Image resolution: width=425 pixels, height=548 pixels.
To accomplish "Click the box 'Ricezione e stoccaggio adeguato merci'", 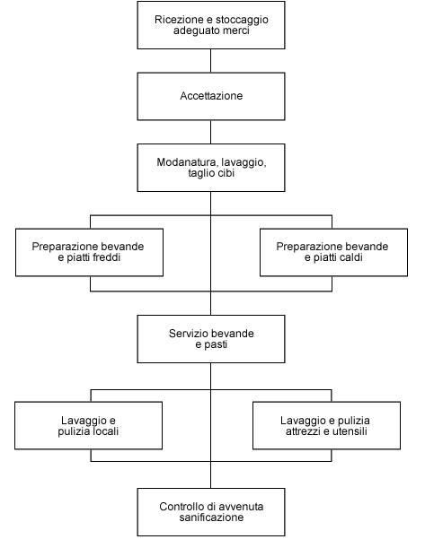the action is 211,25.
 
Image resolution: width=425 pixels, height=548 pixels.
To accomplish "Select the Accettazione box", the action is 211,97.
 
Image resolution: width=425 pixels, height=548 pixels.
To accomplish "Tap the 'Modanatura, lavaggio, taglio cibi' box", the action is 211,168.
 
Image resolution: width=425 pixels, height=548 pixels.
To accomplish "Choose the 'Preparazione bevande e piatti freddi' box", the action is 89,252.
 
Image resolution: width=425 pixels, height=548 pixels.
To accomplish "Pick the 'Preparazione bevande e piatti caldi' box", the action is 333,252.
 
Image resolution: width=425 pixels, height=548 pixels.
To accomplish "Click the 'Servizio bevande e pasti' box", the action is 211,339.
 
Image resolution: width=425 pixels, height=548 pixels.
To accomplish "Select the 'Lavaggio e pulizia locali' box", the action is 89,425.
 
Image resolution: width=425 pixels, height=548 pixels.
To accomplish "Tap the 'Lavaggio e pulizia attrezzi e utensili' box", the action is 327,425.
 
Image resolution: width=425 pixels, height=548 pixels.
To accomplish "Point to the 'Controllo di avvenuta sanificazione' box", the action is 211,512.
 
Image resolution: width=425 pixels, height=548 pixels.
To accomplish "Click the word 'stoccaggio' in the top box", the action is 243,20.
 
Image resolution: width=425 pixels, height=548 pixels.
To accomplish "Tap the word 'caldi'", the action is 348,257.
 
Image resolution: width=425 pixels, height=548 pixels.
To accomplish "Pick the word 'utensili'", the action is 350,431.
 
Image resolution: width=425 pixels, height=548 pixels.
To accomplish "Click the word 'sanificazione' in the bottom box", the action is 211,518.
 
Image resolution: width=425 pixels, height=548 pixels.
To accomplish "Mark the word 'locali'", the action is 105,431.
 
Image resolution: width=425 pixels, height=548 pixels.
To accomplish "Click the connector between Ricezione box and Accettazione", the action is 211,61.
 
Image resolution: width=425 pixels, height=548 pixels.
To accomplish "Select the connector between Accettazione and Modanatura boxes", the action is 211,132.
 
